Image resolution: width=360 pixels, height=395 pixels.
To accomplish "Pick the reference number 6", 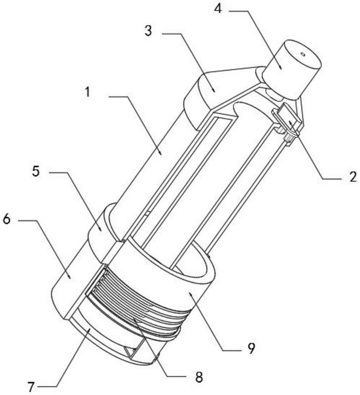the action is [6, 219].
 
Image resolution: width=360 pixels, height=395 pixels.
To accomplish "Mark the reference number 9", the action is [250, 349].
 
